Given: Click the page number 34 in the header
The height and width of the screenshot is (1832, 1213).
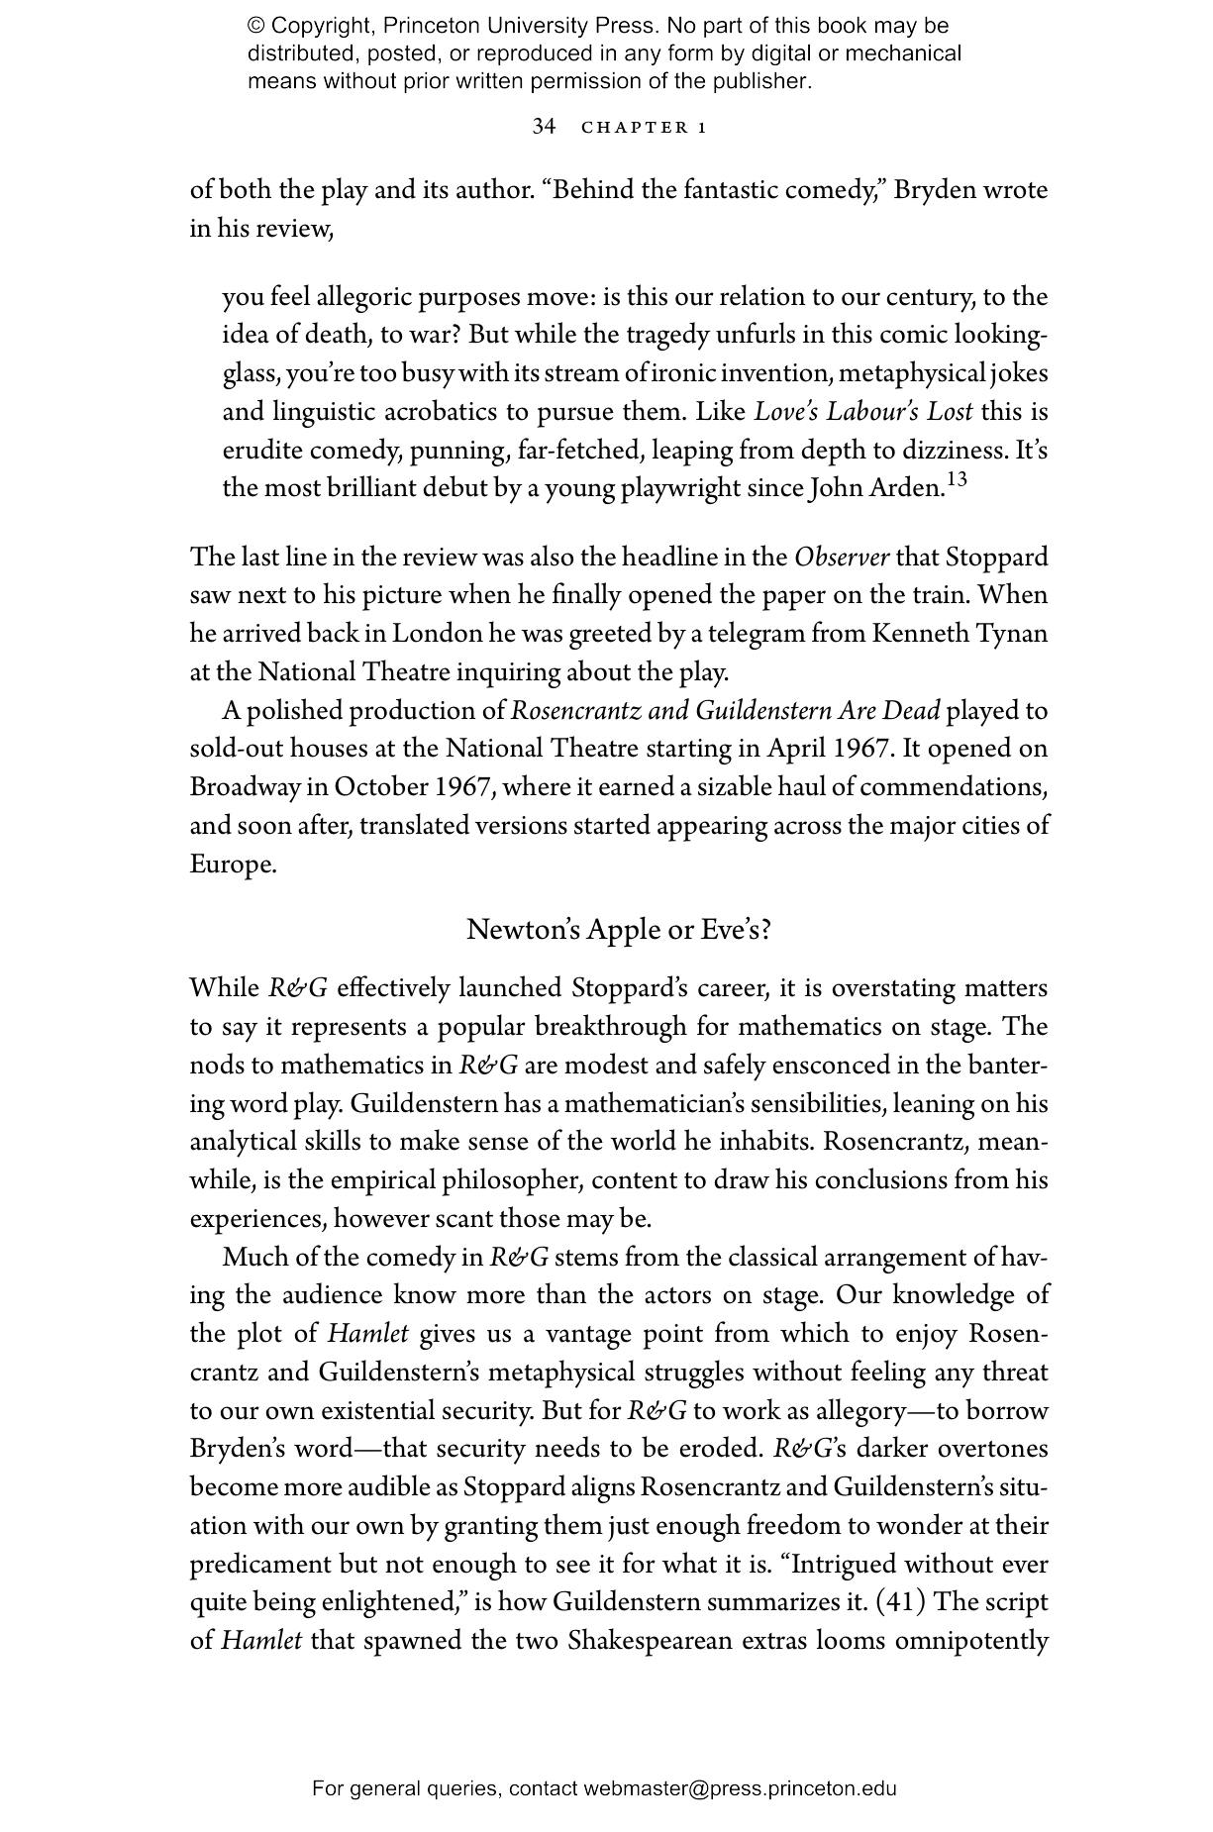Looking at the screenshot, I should click(544, 127).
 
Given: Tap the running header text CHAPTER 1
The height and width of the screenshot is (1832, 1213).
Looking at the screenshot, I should click(644, 128).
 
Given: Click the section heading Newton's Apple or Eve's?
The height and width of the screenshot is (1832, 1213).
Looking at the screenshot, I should click(619, 930).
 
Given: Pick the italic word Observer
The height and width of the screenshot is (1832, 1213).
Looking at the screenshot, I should click(842, 558).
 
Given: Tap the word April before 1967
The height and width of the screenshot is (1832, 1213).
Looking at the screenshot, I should click(797, 749).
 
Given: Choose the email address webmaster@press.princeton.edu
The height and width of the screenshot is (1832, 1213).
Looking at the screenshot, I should click(740, 1788).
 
